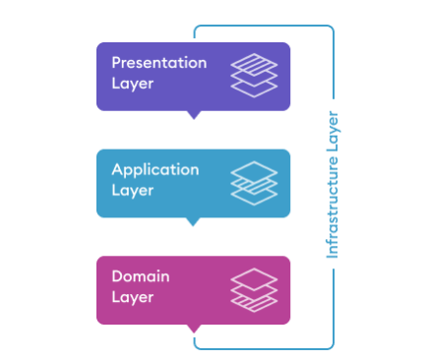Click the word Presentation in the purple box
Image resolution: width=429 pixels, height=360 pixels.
tap(159, 63)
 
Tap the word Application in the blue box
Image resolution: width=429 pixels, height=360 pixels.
tap(155, 170)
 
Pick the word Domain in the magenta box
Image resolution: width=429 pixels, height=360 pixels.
tap(139, 276)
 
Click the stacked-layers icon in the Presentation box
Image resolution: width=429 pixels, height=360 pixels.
tap(254, 76)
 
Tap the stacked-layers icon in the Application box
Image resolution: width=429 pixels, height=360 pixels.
tap(254, 182)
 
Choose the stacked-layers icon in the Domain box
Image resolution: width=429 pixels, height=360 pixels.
tap(254, 289)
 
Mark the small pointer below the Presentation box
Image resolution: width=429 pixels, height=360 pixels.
tap(194, 114)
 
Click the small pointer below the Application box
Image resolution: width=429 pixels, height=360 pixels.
tap(194, 221)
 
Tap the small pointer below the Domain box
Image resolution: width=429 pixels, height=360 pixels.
tap(194, 328)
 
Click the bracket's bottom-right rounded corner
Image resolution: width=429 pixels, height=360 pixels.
tap(331, 346)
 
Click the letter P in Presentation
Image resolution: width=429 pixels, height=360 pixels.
tap(116, 63)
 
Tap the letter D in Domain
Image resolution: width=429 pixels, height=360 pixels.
tap(117, 276)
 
